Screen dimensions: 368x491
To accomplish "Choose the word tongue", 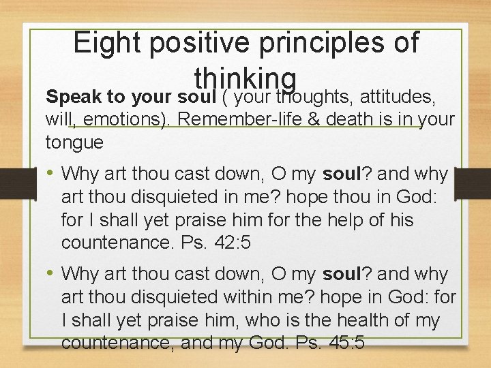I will tap(74, 142).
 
